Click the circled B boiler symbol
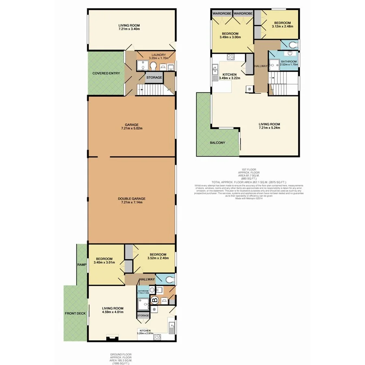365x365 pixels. (155, 301)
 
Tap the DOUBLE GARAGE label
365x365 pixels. (132, 198)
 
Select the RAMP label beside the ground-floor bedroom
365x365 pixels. (82, 265)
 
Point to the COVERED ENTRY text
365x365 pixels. (106, 73)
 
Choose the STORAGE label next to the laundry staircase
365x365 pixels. (154, 77)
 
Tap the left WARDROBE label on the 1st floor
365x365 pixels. (222, 13)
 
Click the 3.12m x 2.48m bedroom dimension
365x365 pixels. (282, 26)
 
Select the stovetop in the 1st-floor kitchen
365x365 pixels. (231, 56)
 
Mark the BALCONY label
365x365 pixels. (218, 143)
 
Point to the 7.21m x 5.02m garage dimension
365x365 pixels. (132, 129)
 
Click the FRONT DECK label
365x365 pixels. (75, 313)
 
